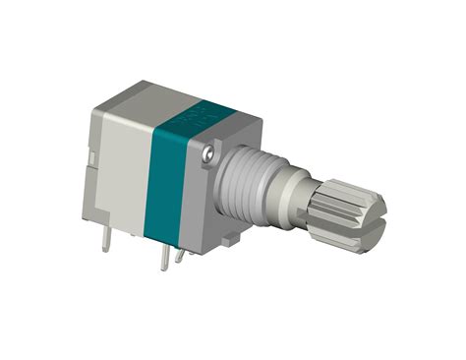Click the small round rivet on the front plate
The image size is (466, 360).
tap(209, 155)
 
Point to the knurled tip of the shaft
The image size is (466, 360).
tap(350, 210)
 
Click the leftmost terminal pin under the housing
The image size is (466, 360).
tap(104, 239)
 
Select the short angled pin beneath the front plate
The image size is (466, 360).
tap(179, 255)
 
